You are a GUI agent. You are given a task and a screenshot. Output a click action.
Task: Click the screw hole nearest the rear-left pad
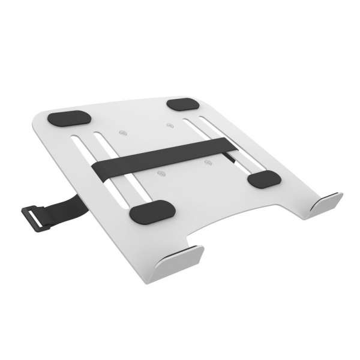point(124,131)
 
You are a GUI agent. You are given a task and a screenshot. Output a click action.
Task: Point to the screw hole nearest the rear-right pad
point(168,125)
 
